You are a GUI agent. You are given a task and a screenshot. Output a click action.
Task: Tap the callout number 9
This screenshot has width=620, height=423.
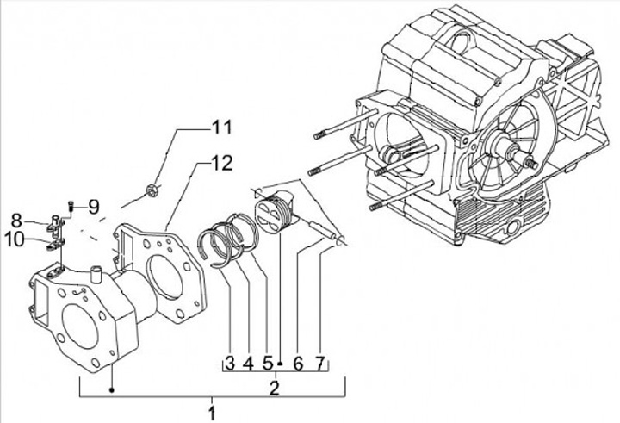[x=93, y=206]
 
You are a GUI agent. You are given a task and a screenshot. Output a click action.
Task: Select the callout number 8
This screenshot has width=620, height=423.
[x=17, y=220]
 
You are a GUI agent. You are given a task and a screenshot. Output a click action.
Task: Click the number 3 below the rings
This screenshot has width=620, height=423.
[x=230, y=364]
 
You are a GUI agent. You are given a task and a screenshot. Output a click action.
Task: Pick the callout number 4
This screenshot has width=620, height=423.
[x=247, y=364]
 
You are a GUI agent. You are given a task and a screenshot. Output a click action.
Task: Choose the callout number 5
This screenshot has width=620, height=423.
[x=267, y=364]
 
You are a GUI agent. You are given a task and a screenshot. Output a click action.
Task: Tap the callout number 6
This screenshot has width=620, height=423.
[x=298, y=364]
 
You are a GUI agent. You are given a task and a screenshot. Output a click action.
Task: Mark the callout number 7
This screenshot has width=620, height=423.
[x=319, y=364]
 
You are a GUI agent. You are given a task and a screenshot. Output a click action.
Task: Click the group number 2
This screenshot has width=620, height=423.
[x=275, y=387]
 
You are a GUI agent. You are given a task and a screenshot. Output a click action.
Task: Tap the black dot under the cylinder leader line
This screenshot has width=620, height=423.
[x=112, y=391]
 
